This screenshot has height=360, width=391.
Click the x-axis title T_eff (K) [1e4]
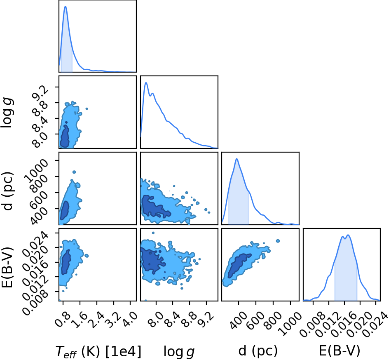pos(98,352)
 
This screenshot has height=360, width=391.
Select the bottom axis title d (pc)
pos(258,351)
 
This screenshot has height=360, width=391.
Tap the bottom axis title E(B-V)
pos(339,351)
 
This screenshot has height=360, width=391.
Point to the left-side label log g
pos(7,113)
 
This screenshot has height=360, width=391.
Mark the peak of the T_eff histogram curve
pos(66,6)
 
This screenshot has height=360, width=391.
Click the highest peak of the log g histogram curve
pos(146,82)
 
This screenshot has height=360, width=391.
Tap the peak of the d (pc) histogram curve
pos(236,159)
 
